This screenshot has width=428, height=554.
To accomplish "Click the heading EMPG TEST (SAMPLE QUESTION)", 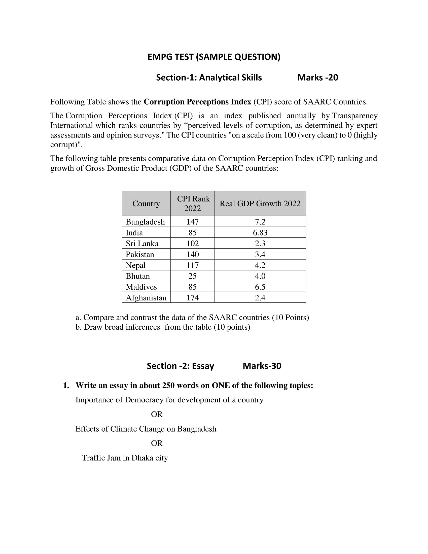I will [214, 57].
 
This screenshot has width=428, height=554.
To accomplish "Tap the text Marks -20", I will [317, 78].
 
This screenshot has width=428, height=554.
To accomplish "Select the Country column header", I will [146, 203].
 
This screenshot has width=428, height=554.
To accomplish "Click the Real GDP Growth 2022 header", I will [260, 203].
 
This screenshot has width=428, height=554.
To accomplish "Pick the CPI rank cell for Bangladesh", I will [192, 222].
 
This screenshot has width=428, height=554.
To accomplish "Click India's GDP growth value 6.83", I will [260, 233].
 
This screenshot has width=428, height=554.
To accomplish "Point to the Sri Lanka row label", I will [142, 244].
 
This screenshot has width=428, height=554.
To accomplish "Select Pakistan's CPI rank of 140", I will [192, 254].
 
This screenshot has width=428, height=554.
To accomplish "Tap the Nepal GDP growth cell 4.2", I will [260, 265].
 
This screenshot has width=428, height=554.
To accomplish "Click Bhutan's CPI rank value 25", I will [192, 276].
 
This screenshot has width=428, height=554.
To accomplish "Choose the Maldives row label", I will [141, 287].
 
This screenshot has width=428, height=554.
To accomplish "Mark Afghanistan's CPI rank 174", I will [192, 298].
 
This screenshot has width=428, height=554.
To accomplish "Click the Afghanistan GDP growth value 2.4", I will [260, 298].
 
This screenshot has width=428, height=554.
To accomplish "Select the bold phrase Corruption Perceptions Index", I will [197, 102].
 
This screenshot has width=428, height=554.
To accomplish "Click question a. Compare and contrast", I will [192, 317].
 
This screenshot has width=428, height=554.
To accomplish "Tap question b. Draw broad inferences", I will [163, 327].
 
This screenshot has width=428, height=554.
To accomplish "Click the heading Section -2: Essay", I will [180, 366].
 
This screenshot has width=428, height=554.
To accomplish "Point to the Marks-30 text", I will [262, 366].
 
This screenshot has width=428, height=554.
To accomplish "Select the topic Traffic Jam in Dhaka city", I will [125, 458].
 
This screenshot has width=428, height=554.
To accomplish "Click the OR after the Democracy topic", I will [156, 414].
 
